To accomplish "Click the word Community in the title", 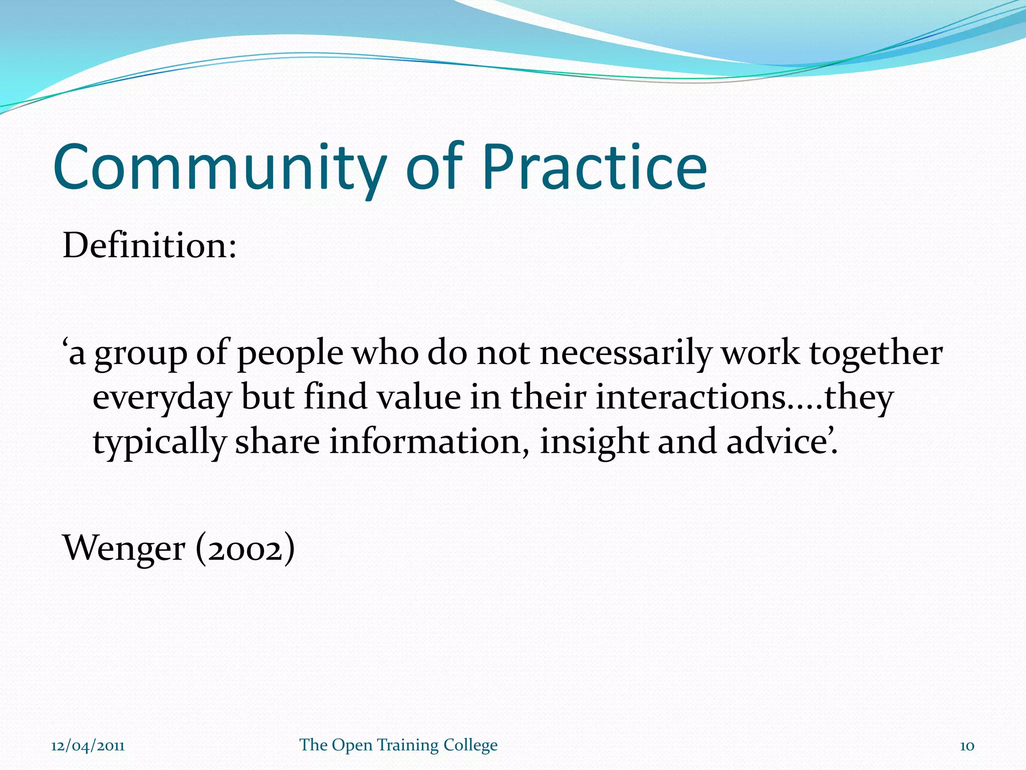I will [x=219, y=168].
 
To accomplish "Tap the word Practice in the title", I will [x=594, y=168].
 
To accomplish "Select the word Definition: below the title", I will [x=149, y=246].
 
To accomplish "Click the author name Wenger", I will [x=123, y=548].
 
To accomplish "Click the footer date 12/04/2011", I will [x=88, y=745].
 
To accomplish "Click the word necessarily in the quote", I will [x=625, y=353].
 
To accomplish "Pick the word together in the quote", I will [x=876, y=353].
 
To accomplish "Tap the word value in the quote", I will [x=418, y=397].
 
